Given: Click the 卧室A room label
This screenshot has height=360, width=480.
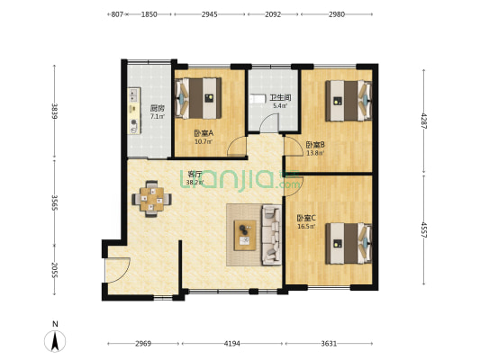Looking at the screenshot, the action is (x=204, y=133).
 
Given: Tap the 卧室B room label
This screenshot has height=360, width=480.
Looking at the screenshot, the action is (x=315, y=144).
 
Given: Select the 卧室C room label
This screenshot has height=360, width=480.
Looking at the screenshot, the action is (x=306, y=218).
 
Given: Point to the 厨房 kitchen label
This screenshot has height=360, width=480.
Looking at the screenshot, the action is (x=158, y=108).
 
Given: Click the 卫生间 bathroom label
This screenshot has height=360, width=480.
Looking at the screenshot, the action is (x=280, y=98).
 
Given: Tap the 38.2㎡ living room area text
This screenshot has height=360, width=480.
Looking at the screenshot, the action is (x=195, y=183).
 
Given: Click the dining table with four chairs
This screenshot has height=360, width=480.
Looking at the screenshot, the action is (x=151, y=199).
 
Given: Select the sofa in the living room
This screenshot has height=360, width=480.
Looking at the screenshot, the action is (x=271, y=235).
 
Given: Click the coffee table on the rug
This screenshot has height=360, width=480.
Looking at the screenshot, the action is (x=245, y=235).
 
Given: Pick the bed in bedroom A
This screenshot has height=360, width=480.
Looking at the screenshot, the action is (x=198, y=98).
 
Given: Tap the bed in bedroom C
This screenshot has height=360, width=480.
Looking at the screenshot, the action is (x=349, y=243).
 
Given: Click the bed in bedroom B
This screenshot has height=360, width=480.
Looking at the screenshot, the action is (x=349, y=101).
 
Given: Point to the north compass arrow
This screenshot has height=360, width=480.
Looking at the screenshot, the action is (x=55, y=341).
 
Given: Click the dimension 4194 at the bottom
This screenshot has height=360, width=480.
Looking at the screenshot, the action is (x=231, y=344).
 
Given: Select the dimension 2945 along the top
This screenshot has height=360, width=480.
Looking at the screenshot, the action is (x=210, y=14).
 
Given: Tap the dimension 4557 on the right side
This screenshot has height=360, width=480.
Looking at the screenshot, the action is (x=424, y=229).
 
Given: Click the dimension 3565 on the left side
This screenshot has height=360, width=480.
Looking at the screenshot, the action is (x=55, y=202).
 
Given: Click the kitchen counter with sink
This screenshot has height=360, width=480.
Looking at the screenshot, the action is (x=134, y=111).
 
